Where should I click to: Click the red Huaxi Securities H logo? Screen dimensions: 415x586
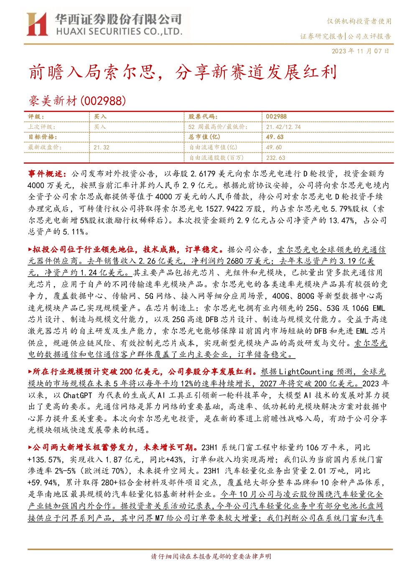(x=37, y=24)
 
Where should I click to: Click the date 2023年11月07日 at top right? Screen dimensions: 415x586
(x=360, y=51)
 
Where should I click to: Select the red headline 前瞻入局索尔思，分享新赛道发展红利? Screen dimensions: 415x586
(x=183, y=72)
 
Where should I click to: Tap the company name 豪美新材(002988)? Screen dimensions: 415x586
(x=77, y=101)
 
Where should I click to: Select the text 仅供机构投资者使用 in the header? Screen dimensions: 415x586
(x=359, y=21)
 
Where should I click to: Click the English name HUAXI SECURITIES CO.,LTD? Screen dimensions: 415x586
(x=119, y=32)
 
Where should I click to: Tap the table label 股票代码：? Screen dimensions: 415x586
(x=203, y=117)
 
